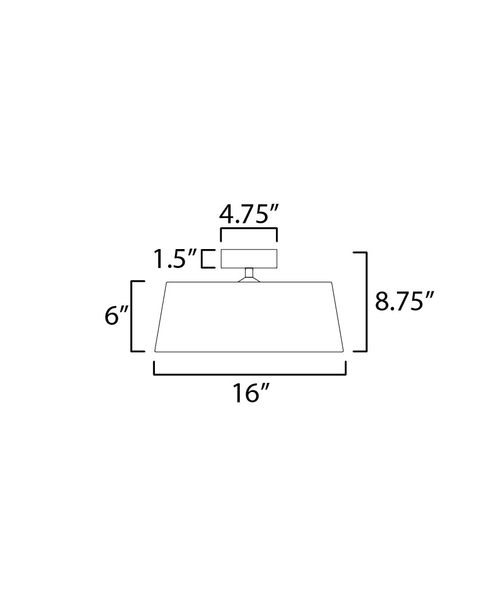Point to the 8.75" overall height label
404,301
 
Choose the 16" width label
251,394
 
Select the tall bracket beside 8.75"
364,301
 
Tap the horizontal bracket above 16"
250,373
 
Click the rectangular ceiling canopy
249,259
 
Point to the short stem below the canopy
249,272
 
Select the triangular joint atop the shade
249,279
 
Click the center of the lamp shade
249,317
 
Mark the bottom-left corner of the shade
155,351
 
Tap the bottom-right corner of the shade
343,351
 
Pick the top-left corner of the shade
167,282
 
